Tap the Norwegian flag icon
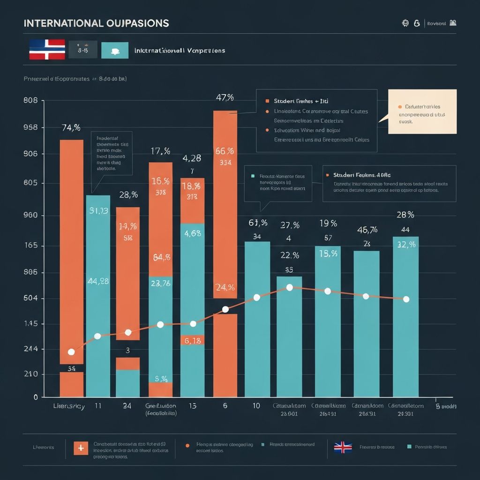pyautogui.click(x=47, y=50)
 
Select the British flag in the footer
pyautogui.click(x=343, y=447)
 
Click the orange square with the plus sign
pyautogui.click(x=81, y=448)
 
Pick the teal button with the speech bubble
pyautogui.click(x=115, y=50)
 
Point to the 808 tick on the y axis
pyautogui.click(x=30, y=100)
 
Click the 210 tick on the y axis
pyautogui.click(x=30, y=374)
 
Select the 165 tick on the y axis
pyautogui.click(x=30, y=246)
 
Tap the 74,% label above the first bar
pyautogui.click(x=71, y=127)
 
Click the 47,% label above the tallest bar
pyautogui.click(x=225, y=97)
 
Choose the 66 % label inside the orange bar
pyautogui.click(x=225, y=151)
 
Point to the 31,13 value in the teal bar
pyautogui.click(x=98, y=211)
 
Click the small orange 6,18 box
pyautogui.click(x=193, y=341)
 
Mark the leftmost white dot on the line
pyautogui.click(x=71, y=352)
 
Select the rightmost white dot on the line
pyautogui.click(x=406, y=299)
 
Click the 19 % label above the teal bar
pyautogui.click(x=328, y=223)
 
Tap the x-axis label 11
pyautogui.click(x=98, y=406)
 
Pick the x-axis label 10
pyautogui.click(x=256, y=406)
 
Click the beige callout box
pyautogui.click(x=422, y=112)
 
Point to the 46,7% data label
pyautogui.click(x=367, y=230)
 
